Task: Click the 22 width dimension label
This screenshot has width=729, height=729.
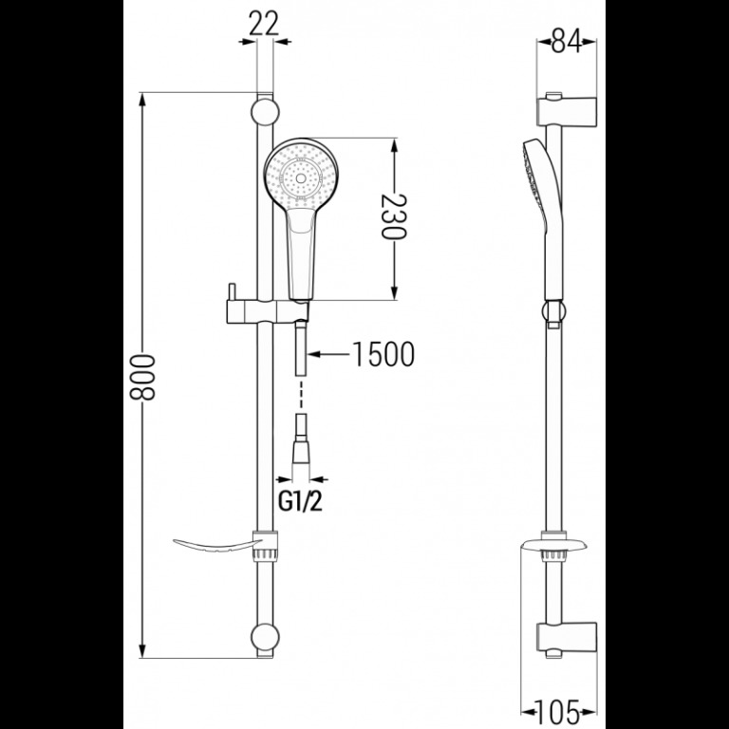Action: [x=264, y=23]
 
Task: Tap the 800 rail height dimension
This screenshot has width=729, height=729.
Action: [x=141, y=377]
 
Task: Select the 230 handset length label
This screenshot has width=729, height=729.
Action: [x=394, y=216]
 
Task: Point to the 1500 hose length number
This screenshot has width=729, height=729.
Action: [x=383, y=354]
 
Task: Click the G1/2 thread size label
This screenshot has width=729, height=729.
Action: [x=300, y=501]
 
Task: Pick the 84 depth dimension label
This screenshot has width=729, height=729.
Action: [x=567, y=41]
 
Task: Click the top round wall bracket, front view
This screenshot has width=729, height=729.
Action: [x=265, y=112]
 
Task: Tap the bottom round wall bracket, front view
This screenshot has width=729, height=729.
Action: [x=265, y=638]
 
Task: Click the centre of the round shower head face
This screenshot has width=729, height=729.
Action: [x=301, y=178]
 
